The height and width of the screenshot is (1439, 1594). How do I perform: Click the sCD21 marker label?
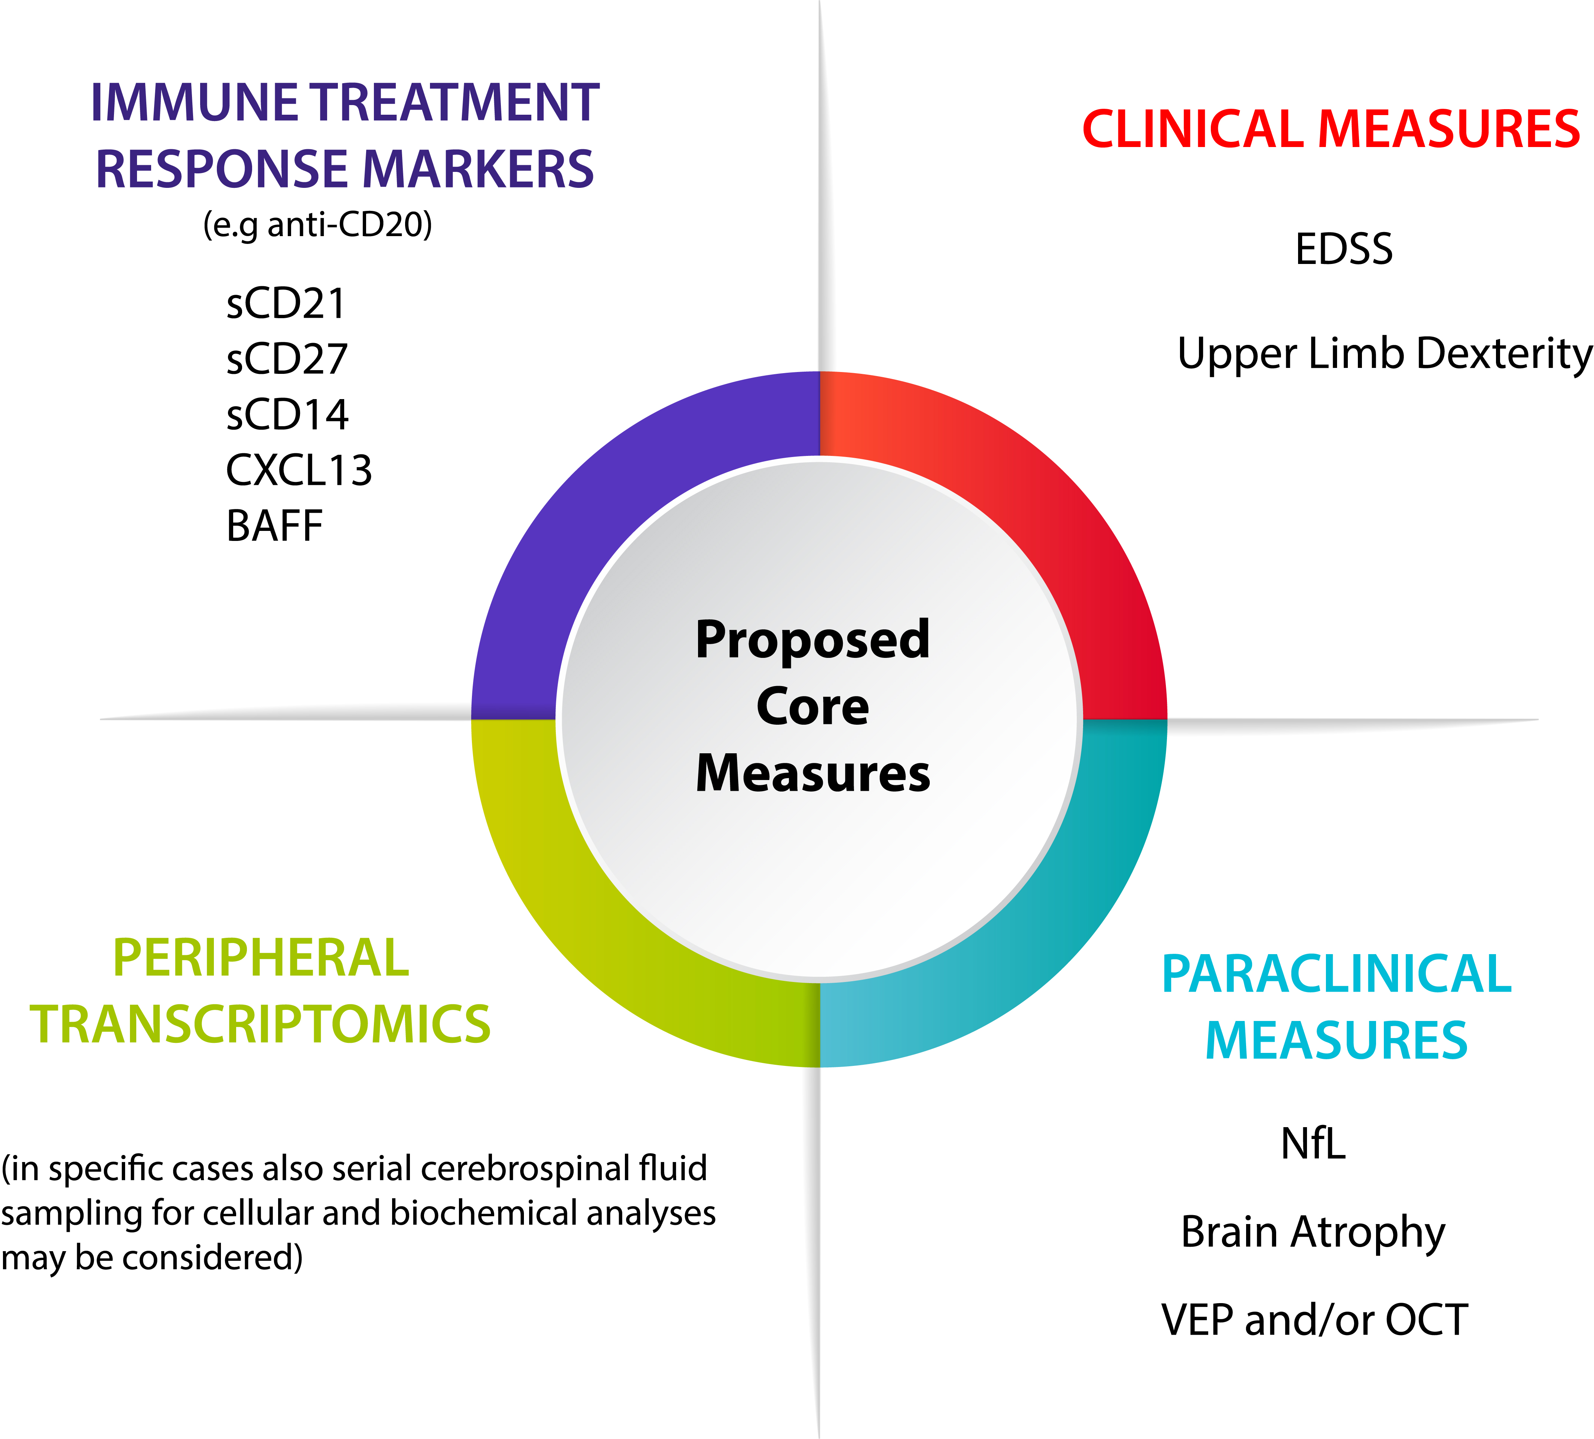tap(286, 304)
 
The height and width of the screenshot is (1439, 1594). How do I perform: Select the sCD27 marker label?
tap(287, 359)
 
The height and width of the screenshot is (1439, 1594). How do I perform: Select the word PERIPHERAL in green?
tap(261, 958)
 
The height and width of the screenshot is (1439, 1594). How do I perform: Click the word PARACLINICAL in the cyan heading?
tap(1336, 974)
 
